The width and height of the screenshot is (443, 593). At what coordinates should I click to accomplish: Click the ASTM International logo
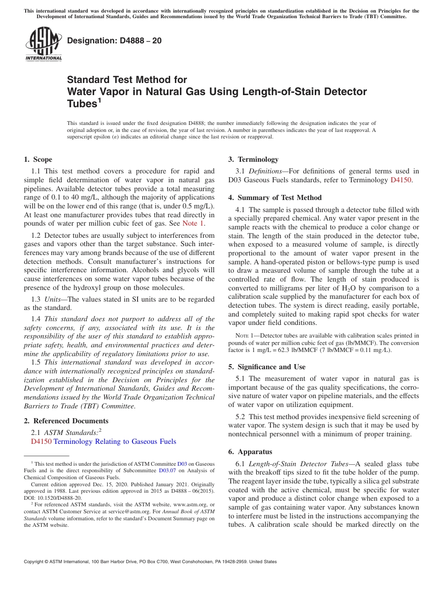click(x=43, y=44)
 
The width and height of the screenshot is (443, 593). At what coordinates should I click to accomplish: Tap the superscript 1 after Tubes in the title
click(x=99, y=101)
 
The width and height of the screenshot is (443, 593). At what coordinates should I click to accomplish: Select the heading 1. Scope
click(x=38, y=159)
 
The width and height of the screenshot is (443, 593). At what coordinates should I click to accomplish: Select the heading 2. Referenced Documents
click(x=66, y=421)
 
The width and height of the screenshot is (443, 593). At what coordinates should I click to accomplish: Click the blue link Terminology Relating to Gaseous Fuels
click(x=115, y=441)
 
